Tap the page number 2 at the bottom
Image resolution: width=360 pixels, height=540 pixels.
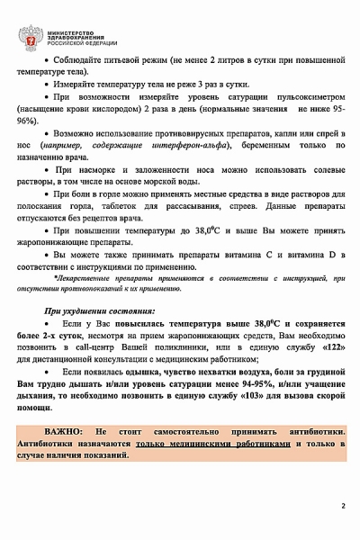[x=342, y=506]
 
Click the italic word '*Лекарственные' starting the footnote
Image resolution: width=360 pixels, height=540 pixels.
[x=88, y=279]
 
